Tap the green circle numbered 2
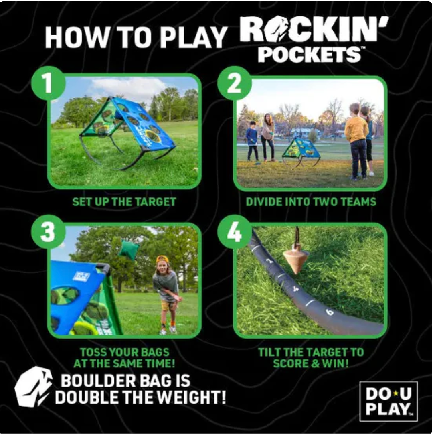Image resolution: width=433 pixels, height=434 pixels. pos(235,83)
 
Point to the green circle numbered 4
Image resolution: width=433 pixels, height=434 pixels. pos(235,232)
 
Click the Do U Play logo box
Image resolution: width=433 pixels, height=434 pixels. pos(388,402)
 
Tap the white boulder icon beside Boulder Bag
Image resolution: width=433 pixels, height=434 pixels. pos(33,387)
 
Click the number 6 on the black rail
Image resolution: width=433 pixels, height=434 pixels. pos(330,312)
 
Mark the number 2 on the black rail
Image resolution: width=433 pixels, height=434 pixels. pos(269,260)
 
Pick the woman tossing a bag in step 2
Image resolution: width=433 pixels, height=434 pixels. pos(267,137)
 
